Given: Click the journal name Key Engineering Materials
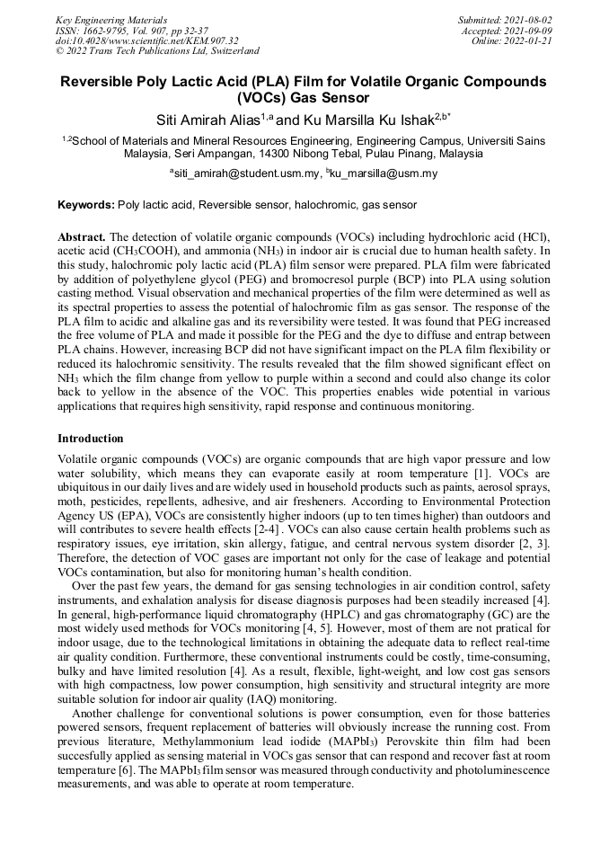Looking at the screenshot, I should pyautogui.click(x=110, y=19).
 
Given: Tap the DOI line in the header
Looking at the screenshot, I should pyautogui.click(x=146, y=40).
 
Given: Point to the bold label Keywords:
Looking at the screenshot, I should pyautogui.click(x=86, y=205).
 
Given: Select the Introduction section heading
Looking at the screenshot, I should pyautogui.click(x=91, y=439).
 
